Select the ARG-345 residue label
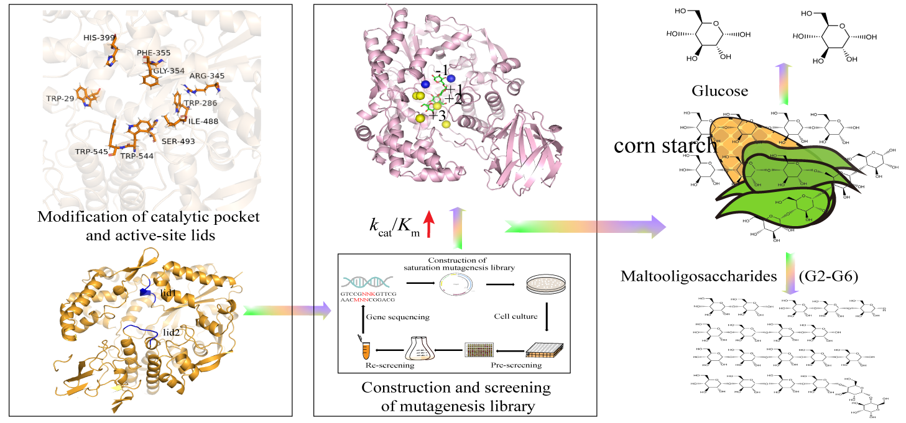tap(208, 76)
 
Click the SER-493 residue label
tap(178, 142)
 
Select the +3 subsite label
tap(437, 116)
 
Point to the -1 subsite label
tap(441, 70)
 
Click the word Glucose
tap(719, 91)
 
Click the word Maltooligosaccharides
tap(699, 276)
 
